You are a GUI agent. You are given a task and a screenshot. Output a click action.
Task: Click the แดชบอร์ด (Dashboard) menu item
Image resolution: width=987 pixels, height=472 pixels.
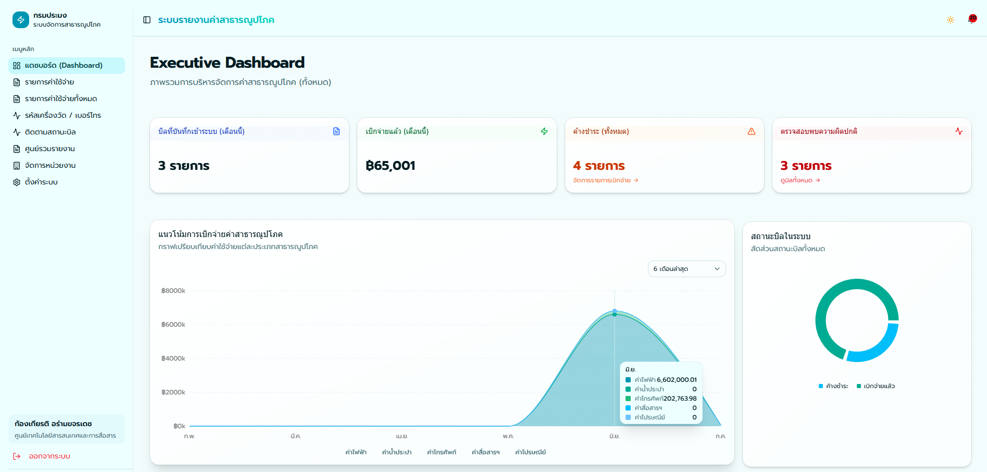click(67, 66)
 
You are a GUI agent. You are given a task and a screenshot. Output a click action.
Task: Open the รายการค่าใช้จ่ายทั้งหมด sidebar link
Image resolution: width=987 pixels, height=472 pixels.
click(61, 99)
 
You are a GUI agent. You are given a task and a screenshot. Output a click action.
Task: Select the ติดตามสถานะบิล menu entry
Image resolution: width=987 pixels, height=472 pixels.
click(51, 132)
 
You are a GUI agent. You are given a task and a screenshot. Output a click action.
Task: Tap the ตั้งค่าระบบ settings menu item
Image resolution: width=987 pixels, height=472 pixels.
click(41, 182)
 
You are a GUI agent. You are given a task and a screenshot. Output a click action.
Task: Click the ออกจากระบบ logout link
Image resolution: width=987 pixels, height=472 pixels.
click(49, 456)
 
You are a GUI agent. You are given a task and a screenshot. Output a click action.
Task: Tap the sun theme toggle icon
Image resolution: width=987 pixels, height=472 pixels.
click(951, 20)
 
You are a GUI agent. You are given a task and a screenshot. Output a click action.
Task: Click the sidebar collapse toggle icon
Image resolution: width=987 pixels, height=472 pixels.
click(147, 20)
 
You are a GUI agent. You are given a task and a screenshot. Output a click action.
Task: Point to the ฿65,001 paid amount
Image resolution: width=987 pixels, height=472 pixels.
click(391, 166)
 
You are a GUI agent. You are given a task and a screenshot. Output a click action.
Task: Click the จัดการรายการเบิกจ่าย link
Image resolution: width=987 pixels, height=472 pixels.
click(606, 180)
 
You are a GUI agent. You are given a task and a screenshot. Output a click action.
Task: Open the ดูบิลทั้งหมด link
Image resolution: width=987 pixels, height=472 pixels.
click(801, 180)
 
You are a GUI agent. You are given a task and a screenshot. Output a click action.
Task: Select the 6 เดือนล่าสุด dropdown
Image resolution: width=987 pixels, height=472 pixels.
click(686, 269)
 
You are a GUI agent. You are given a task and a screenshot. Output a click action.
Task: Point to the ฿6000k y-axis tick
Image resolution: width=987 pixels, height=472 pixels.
click(173, 325)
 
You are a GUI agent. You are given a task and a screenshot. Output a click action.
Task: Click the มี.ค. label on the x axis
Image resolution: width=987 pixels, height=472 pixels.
click(296, 436)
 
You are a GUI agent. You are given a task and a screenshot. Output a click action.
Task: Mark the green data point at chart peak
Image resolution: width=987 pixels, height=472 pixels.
click(615, 314)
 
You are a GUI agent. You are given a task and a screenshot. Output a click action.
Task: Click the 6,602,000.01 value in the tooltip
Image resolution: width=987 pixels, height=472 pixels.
click(677, 380)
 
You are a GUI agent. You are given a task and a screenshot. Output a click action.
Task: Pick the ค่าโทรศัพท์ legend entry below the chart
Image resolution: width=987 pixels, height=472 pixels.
click(442, 452)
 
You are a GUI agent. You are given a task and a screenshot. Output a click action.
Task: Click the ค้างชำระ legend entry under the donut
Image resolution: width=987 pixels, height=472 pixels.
click(833, 386)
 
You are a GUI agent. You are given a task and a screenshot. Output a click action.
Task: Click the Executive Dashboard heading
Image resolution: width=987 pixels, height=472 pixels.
click(227, 63)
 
